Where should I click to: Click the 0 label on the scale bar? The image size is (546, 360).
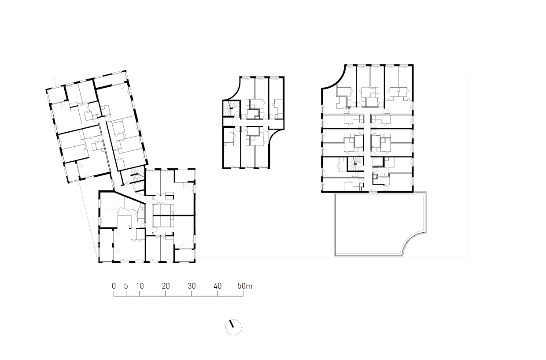[114, 286]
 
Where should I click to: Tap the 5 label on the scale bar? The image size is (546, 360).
[126, 286]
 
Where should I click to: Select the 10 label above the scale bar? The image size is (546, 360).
[140, 286]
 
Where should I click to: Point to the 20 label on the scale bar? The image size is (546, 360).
[166, 286]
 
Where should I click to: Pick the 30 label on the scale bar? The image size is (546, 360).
[192, 286]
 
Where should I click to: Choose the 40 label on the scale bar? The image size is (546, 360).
[218, 286]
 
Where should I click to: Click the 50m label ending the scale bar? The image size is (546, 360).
[245, 286]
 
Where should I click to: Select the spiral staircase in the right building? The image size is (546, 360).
[355, 164]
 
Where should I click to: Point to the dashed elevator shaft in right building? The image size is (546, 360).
[377, 162]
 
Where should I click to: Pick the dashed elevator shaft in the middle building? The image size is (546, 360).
[229, 122]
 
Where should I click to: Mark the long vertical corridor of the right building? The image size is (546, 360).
[367, 151]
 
